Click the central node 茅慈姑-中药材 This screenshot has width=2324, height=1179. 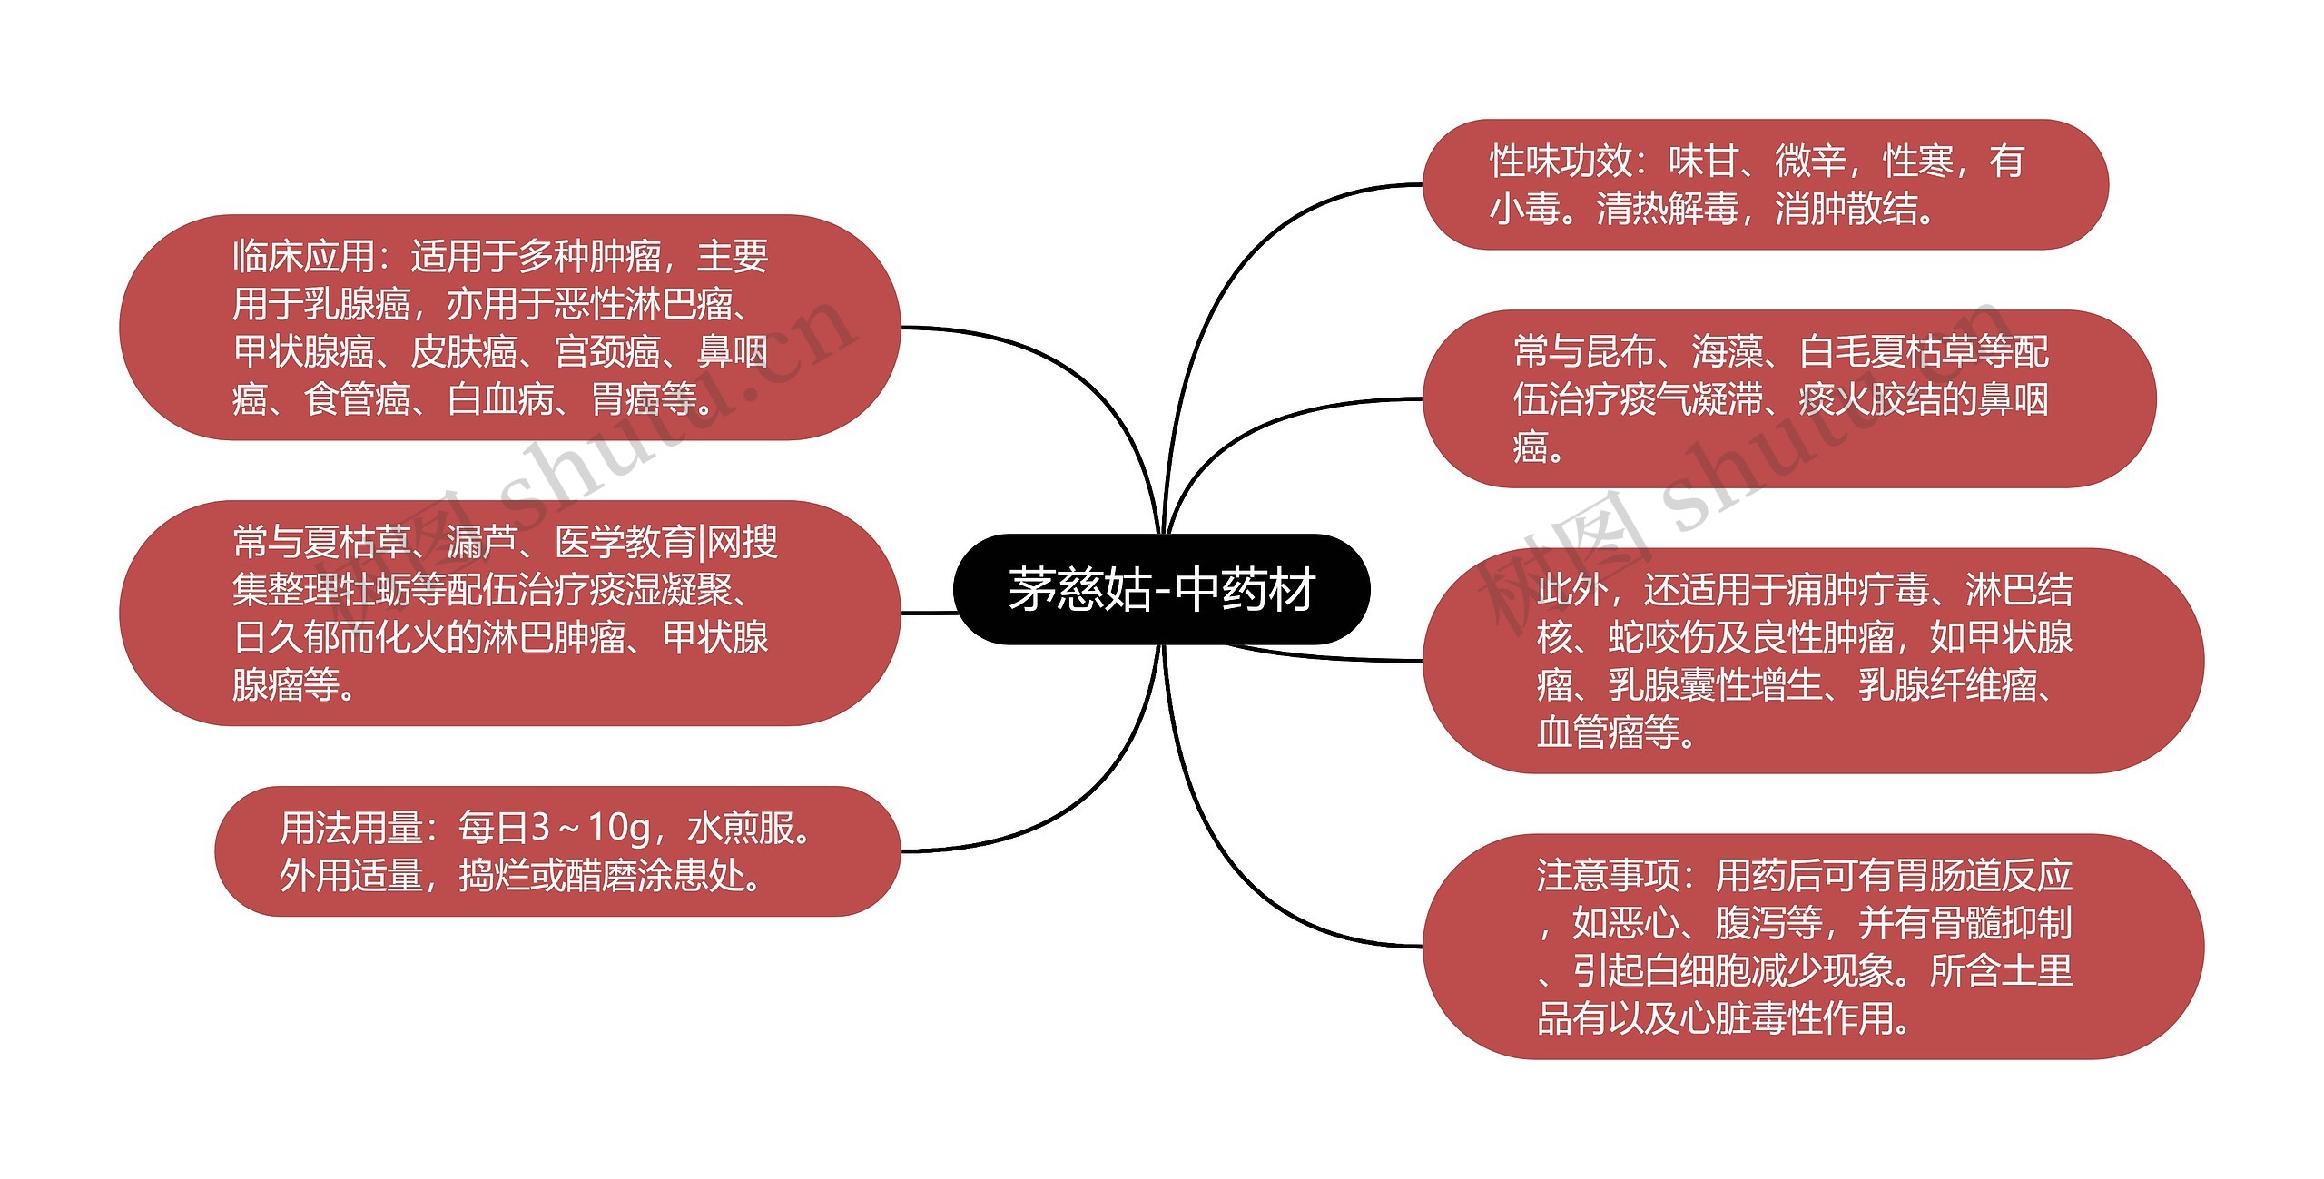(x=1161, y=590)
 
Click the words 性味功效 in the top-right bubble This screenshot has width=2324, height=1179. (x=1561, y=162)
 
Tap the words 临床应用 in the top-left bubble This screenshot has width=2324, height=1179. (x=303, y=257)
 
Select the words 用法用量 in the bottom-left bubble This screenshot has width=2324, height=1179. (x=350, y=828)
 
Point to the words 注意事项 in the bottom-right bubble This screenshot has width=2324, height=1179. (x=1608, y=876)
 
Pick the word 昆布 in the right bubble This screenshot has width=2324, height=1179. (x=1620, y=352)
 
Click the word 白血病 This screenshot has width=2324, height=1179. (x=500, y=399)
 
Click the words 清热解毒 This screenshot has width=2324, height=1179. (x=1668, y=209)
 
